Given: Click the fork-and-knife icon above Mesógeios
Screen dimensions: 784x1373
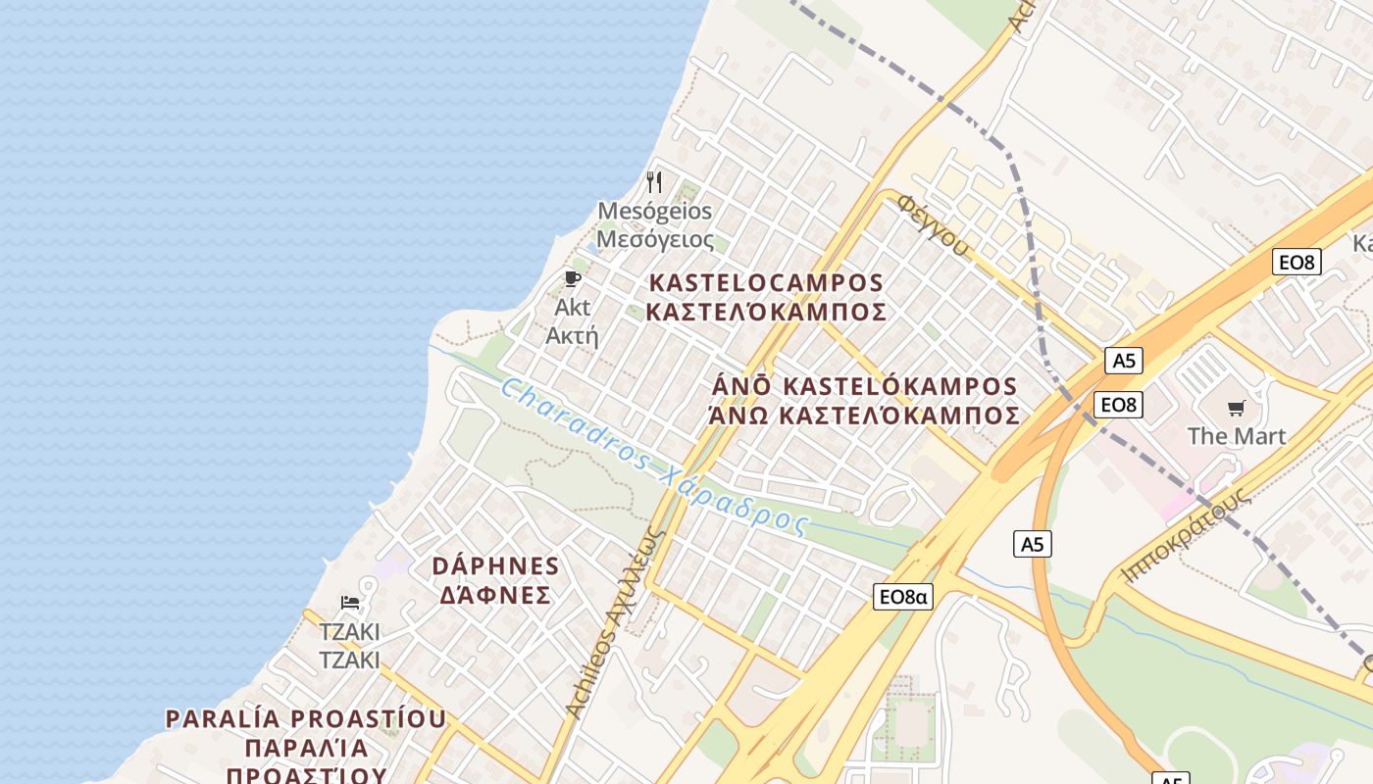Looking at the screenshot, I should pos(655,182).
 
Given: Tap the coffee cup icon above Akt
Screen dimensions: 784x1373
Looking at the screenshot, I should pos(573,279).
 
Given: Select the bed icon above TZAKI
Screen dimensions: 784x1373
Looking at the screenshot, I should pos(350,602).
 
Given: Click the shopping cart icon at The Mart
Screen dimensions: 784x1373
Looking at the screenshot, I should pos(1236,408).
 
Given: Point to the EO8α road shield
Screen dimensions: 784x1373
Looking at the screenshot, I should pos(903,596).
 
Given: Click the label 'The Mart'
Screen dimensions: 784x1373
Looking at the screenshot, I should pos(1237,435).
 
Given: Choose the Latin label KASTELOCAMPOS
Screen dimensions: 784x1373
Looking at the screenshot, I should pos(767,283).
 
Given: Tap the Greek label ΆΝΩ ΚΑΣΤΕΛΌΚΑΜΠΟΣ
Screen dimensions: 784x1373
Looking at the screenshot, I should pos(864,416).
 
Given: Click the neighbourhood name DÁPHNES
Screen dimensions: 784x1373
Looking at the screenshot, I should pos(496,566).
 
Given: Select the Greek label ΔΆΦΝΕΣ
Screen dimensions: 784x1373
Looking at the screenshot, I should pos(495,595).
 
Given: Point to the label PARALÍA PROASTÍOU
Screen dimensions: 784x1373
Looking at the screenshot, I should pos(306,718).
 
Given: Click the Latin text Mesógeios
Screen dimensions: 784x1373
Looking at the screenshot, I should pos(654,211).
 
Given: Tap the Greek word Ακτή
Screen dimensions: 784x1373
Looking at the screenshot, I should pos(572,335).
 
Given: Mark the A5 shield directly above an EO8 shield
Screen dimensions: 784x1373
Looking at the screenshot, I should pos(1123,361).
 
